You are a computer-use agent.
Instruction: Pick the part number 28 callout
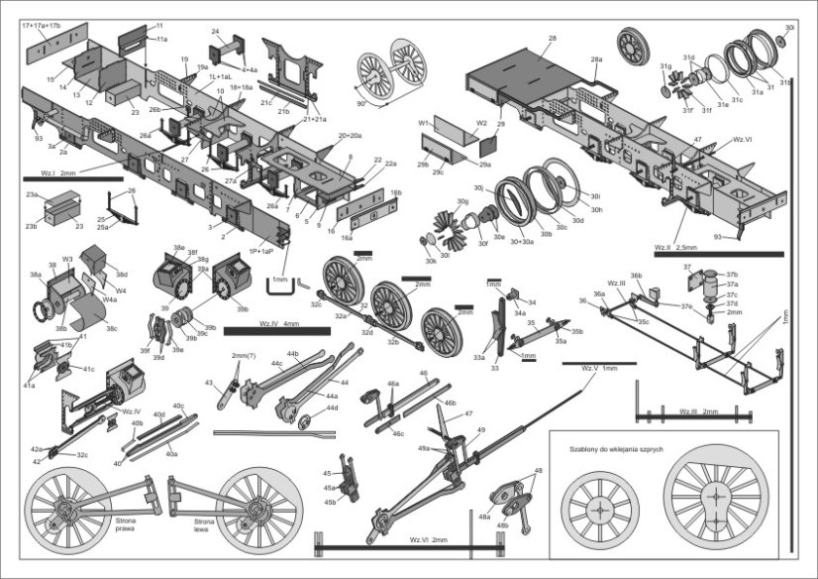(x=552, y=39)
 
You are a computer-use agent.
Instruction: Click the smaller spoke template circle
(x=599, y=510)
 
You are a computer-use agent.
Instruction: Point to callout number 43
(x=208, y=382)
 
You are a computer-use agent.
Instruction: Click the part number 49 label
(x=480, y=429)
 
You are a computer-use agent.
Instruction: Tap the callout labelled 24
(x=215, y=33)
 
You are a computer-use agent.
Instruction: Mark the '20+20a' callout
(x=350, y=135)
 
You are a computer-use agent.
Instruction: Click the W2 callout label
(x=481, y=124)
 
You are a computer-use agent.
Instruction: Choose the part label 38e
(x=179, y=248)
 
